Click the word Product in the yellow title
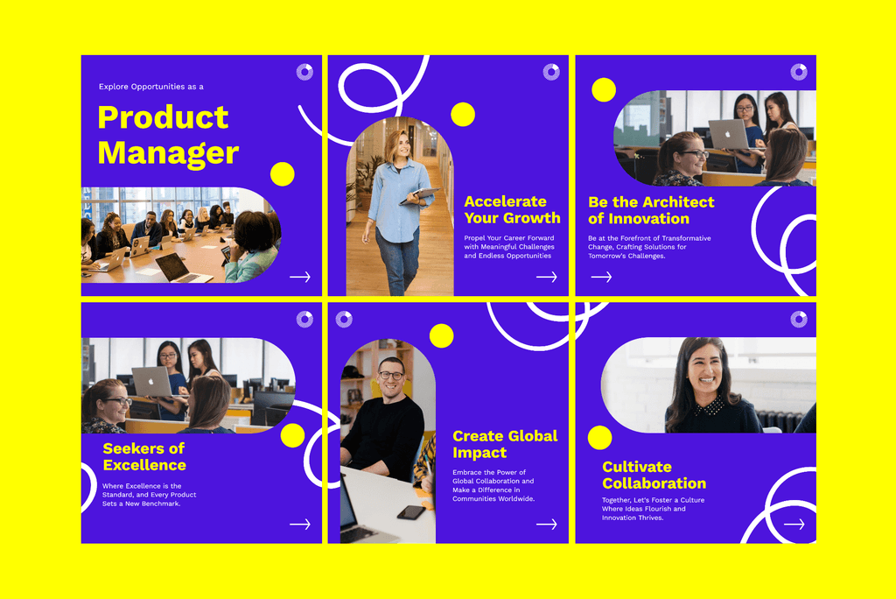click(163, 117)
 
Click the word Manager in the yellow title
click(168, 153)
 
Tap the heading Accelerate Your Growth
click(512, 209)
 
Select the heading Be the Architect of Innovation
click(651, 210)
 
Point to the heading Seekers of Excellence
click(144, 456)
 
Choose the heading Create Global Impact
click(505, 444)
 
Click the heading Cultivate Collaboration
click(654, 475)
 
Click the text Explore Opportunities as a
click(151, 87)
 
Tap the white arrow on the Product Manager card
click(300, 277)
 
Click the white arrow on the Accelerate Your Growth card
click(547, 277)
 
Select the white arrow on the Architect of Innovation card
click(601, 277)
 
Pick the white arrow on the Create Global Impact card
click(547, 525)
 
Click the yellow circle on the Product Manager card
click(282, 174)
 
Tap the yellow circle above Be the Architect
click(604, 89)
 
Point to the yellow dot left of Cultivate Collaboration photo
click(599, 438)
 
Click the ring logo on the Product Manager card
click(304, 72)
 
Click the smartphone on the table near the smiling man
click(410, 512)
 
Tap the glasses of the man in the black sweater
click(391, 376)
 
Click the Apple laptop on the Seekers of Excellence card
click(151, 381)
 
